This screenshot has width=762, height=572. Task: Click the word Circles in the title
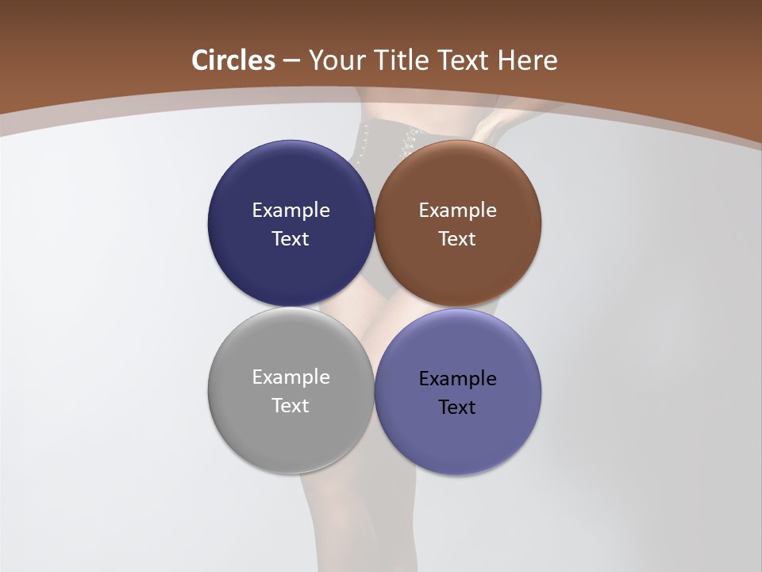pyautogui.click(x=233, y=60)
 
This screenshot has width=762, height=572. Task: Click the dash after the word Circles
pyautogui.click(x=291, y=61)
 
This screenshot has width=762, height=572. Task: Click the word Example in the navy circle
pyautogui.click(x=291, y=210)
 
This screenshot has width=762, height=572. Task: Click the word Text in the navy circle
pyautogui.click(x=291, y=238)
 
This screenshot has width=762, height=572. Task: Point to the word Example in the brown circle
pyautogui.click(x=458, y=210)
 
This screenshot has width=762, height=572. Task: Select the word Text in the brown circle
pyautogui.click(x=458, y=238)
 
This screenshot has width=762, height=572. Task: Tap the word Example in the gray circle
pyautogui.click(x=291, y=377)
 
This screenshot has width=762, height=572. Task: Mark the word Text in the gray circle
pyautogui.click(x=291, y=405)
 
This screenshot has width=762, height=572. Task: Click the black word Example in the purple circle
pyautogui.click(x=458, y=378)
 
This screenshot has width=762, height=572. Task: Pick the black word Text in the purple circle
pyautogui.click(x=458, y=407)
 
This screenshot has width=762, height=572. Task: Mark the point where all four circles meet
pyautogui.click(x=375, y=307)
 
